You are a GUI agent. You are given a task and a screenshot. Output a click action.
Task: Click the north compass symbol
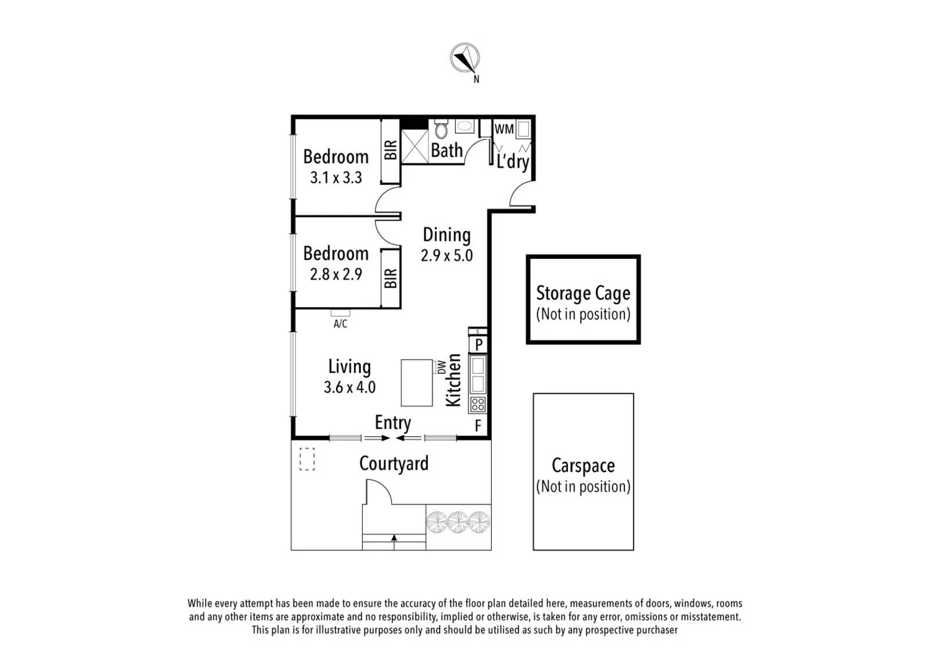click(x=465, y=58)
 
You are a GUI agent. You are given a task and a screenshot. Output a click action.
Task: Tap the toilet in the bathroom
click(x=441, y=130)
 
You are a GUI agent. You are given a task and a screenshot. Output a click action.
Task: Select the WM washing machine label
click(x=504, y=129)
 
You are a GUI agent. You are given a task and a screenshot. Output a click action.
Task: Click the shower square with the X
click(x=414, y=146)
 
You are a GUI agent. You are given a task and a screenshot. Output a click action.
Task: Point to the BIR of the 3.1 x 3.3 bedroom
click(x=390, y=150)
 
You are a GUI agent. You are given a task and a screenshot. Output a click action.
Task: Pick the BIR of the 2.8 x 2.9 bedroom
click(x=390, y=278)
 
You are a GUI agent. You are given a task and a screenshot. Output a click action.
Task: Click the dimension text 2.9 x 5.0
click(x=446, y=255)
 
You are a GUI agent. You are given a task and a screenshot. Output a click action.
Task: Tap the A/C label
click(x=340, y=324)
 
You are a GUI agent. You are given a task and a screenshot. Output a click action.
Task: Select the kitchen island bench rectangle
click(x=416, y=383)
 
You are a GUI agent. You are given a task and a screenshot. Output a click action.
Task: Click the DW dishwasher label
click(x=441, y=367)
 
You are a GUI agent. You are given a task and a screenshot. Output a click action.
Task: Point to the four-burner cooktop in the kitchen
click(x=478, y=405)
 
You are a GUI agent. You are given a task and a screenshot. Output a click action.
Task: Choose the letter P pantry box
click(x=478, y=345)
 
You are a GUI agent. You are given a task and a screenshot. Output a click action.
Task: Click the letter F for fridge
click(x=478, y=425)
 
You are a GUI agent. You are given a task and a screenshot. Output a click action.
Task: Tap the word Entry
click(x=393, y=422)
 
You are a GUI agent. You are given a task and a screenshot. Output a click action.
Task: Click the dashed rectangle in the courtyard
click(x=307, y=459)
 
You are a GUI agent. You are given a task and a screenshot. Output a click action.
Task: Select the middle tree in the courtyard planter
click(x=458, y=522)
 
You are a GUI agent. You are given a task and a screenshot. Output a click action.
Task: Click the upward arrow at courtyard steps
click(x=394, y=539)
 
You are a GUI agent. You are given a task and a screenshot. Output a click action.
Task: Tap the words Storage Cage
click(x=582, y=294)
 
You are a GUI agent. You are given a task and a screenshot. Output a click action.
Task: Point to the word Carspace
click(x=582, y=465)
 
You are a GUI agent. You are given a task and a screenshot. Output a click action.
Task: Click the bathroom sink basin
click(x=465, y=127)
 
